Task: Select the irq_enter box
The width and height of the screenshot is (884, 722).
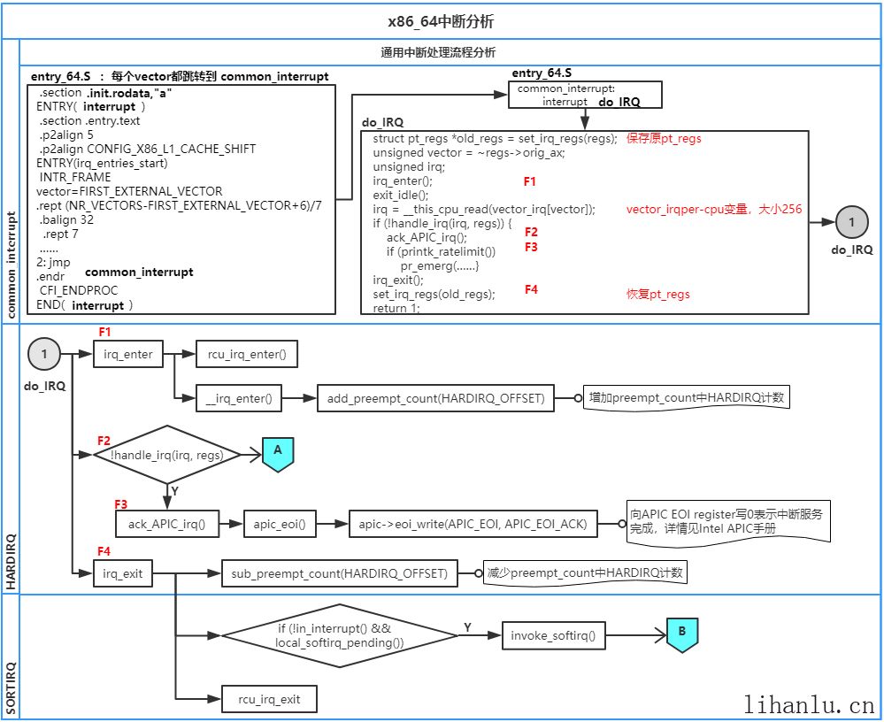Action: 128,355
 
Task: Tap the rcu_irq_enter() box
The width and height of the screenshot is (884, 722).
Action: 246,355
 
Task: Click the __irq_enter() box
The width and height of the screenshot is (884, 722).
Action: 239,399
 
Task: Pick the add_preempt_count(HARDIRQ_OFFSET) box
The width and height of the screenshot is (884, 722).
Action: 434,399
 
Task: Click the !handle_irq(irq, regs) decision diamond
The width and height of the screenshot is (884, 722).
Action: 168,455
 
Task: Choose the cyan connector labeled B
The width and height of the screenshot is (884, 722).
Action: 682,634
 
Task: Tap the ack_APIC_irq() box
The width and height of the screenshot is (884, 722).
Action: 166,524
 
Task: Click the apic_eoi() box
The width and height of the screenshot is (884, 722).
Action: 280,524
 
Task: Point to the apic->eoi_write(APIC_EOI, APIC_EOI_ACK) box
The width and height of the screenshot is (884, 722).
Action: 473,524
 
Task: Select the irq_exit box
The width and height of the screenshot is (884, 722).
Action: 123,573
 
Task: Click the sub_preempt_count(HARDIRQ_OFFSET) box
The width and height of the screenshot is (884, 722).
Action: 340,573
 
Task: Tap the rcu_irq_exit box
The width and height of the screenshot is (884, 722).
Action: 269,699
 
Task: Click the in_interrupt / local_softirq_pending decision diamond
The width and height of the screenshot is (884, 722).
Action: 339,634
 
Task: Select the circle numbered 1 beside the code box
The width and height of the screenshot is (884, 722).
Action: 851,223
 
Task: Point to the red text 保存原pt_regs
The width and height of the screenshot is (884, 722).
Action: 664,139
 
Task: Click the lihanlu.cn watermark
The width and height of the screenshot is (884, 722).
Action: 809,705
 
